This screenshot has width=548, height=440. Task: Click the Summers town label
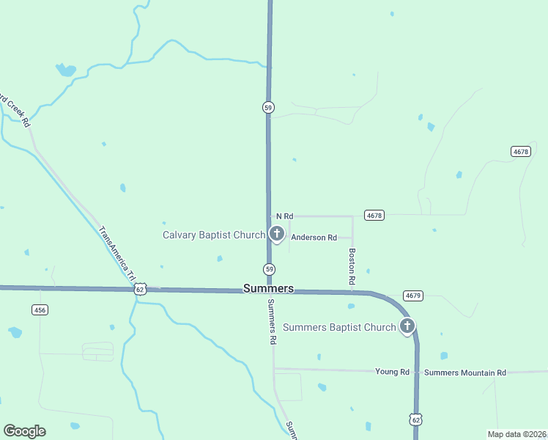[268, 289]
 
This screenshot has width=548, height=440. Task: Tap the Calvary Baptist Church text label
[213, 235]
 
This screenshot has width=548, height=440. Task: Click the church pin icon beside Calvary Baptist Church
[276, 234]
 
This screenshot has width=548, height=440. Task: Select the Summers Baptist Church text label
[339, 327]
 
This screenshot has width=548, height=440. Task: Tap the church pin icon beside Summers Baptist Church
[407, 326]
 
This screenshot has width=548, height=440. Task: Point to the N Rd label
[284, 216]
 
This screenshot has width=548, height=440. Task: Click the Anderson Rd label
[314, 238]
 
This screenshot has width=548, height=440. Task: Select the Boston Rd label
[352, 266]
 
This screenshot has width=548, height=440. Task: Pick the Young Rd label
[392, 373]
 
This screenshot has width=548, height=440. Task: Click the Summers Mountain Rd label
[465, 373]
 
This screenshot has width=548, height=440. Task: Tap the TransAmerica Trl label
[115, 249]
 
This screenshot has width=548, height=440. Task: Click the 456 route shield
[40, 310]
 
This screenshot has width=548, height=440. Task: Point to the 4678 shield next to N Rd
[374, 216]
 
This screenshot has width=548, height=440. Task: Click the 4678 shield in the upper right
[520, 151]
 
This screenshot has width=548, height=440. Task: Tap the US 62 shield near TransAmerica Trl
[139, 290]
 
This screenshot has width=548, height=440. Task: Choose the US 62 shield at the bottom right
[415, 419]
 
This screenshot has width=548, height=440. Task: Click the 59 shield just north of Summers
[269, 268]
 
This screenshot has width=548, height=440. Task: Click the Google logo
[24, 431]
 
